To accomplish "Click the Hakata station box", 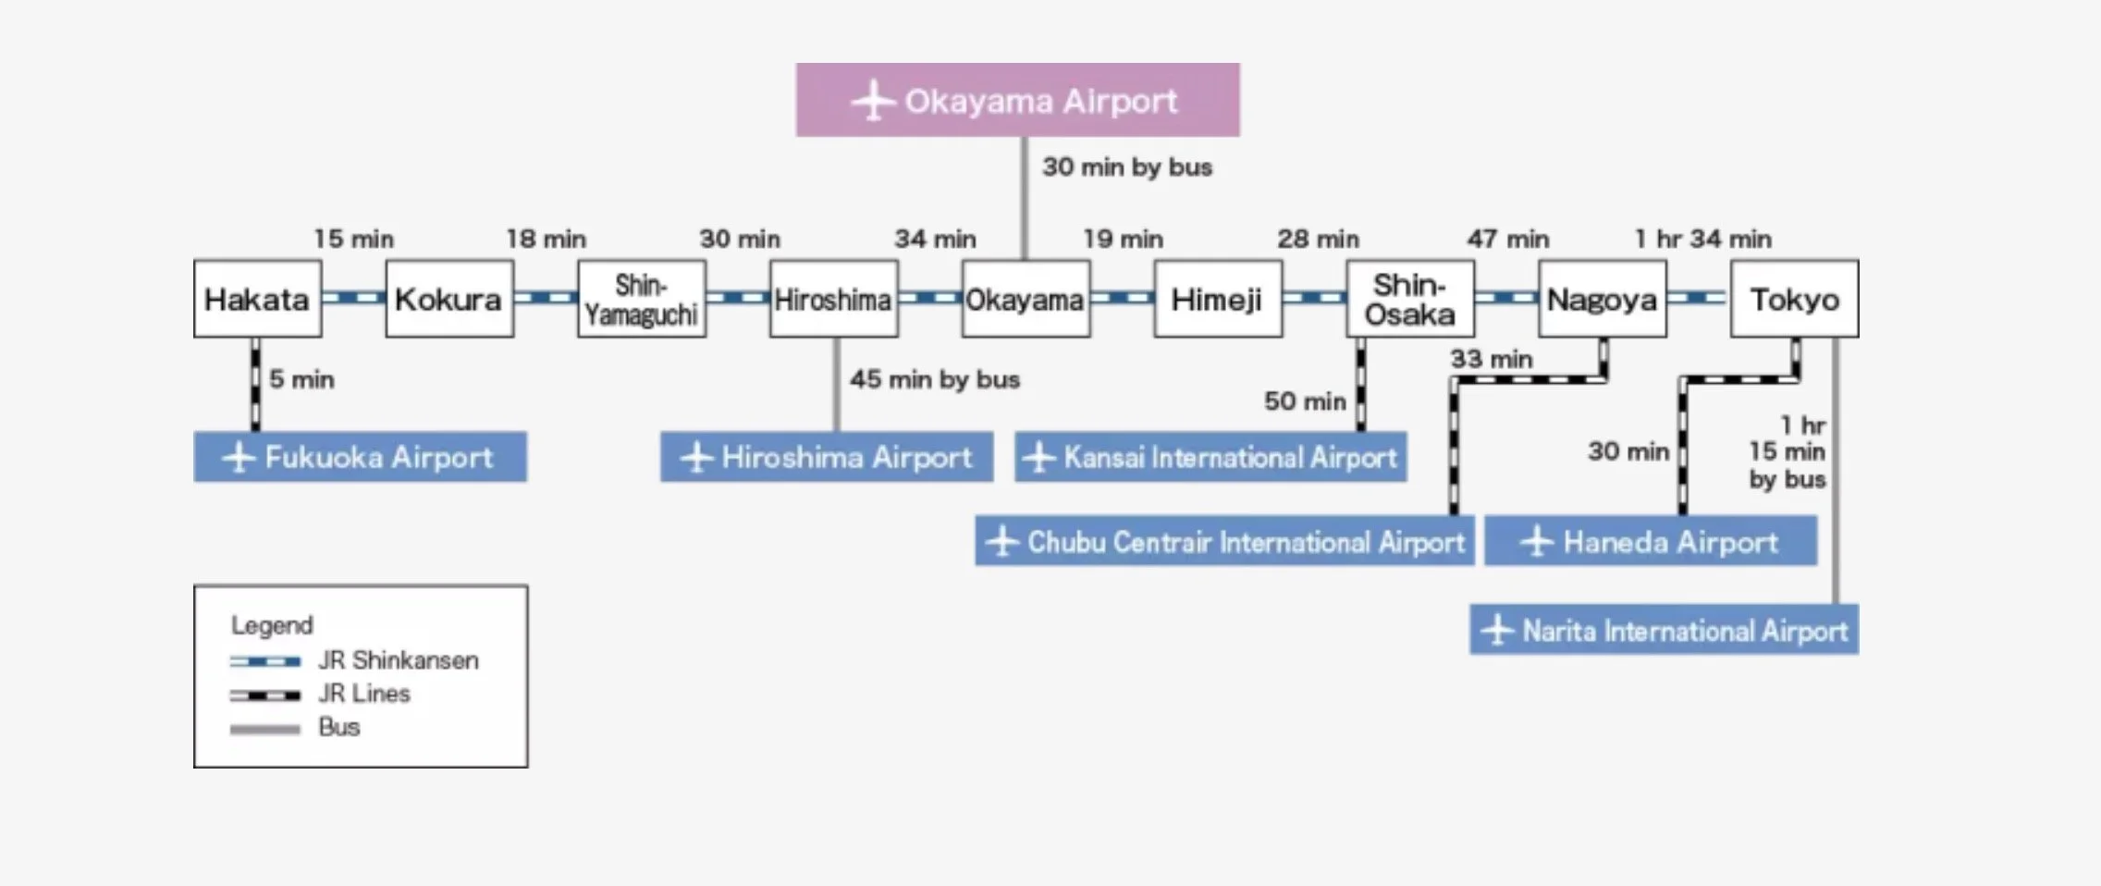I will (x=257, y=299).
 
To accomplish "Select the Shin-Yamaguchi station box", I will (x=642, y=299).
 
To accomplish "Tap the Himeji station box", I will (x=1217, y=299).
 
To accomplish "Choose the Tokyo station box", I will (x=1794, y=299).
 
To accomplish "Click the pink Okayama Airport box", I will (x=1017, y=100).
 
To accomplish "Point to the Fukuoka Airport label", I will (x=378, y=457).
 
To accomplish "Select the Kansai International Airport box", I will (x=1210, y=457).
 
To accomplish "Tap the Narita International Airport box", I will (x=1664, y=631).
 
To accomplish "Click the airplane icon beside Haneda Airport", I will (x=1537, y=542).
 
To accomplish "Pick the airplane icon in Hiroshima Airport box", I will (x=696, y=458).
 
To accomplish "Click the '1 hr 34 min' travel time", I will (x=1702, y=240).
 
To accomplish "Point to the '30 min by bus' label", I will (x=1126, y=167).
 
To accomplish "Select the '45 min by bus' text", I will (x=934, y=379).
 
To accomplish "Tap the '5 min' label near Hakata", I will (x=301, y=379).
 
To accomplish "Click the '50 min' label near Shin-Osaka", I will (x=1305, y=401).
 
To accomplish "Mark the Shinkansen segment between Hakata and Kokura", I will (x=353, y=298).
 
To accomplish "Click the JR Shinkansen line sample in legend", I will (x=265, y=661).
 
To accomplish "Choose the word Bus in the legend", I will (x=338, y=727).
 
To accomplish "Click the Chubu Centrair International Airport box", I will (x=1224, y=542).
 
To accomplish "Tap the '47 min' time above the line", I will (x=1507, y=240).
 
